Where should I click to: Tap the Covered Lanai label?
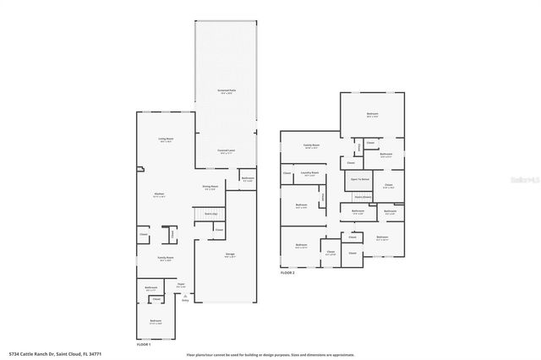(226, 152)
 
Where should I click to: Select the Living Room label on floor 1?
(166, 139)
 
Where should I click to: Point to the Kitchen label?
(159, 195)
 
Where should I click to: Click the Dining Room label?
(210, 187)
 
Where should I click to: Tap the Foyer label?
(181, 285)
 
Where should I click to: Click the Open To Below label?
(360, 179)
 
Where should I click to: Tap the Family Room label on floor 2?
(312, 145)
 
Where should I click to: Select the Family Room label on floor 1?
(166, 259)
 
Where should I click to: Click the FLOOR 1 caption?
(145, 345)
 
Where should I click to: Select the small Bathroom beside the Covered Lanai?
(248, 178)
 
